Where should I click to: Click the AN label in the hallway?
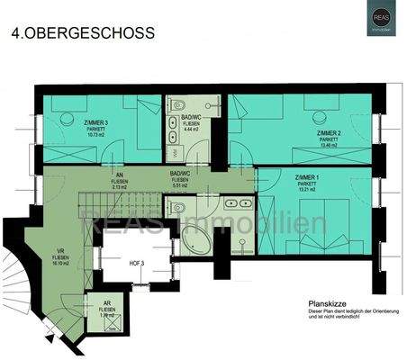click(119, 175)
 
